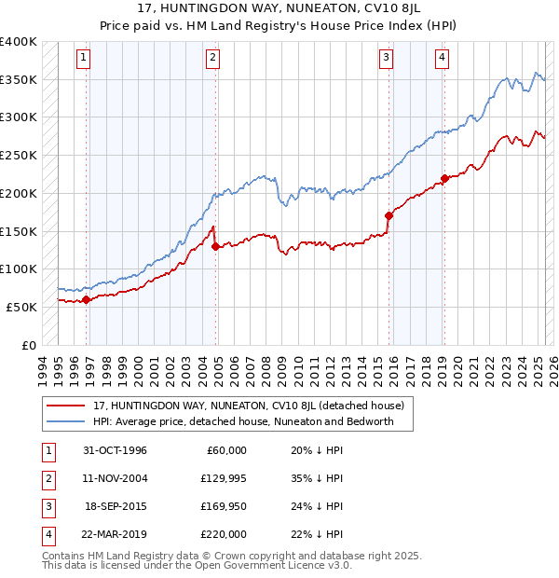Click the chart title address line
coord(279,10)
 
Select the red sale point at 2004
coord(215,246)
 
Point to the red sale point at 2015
coord(389,215)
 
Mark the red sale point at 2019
coord(444,178)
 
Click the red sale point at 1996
coord(87,299)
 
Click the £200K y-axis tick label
coord(19,193)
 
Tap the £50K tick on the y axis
coord(22,307)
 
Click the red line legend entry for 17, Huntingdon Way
coord(248,406)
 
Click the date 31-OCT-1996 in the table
coord(115,450)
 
